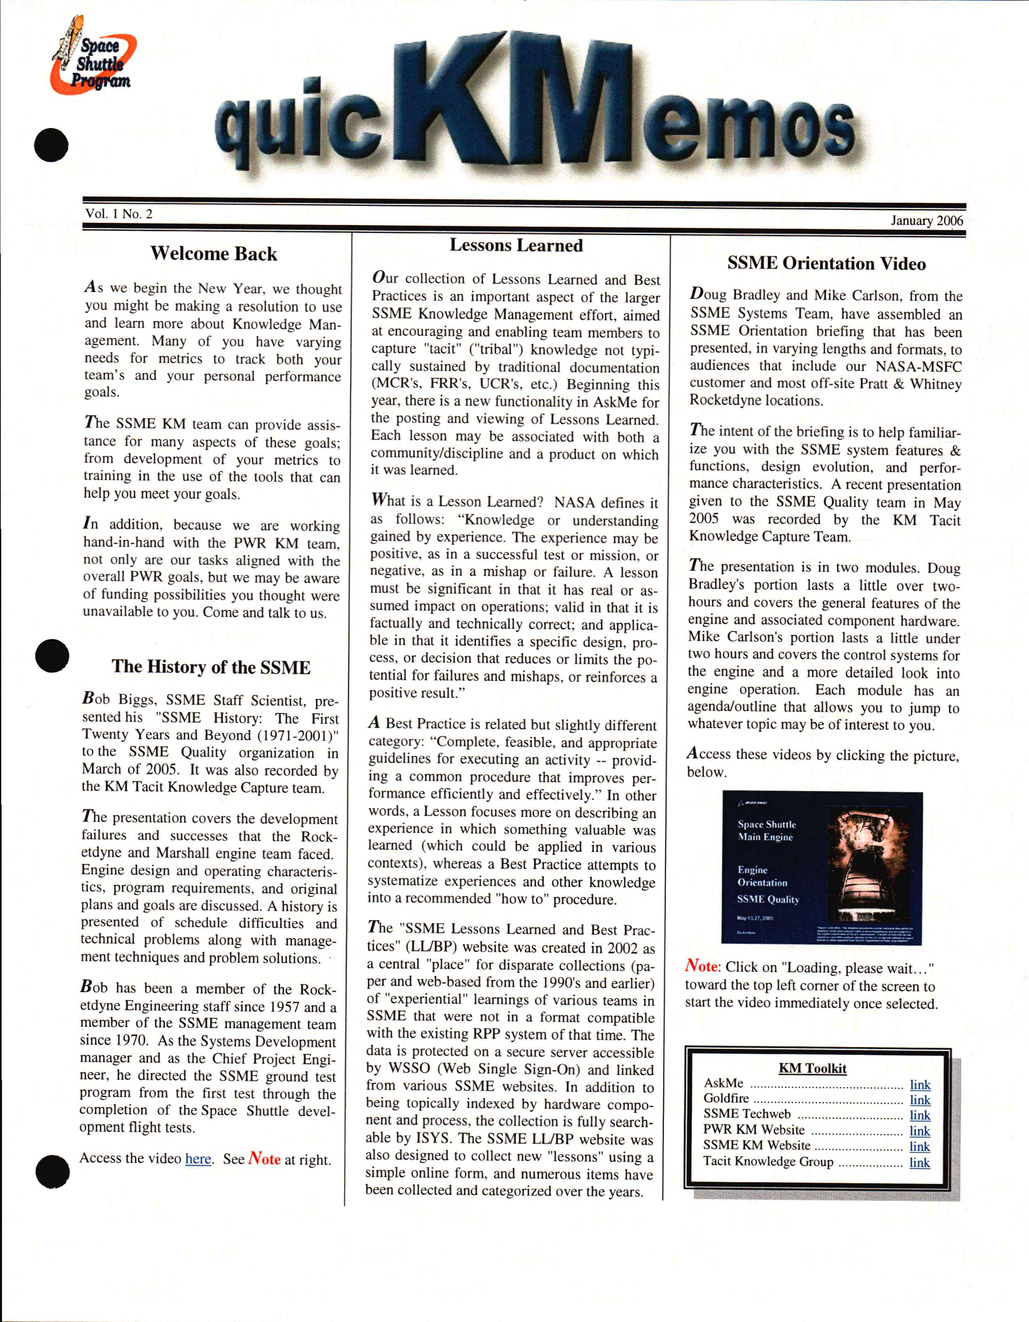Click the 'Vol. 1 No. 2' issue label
119,214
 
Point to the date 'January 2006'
926,220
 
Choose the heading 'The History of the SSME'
211,667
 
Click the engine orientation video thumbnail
822,867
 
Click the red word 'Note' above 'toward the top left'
701,966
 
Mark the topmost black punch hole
51,145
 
